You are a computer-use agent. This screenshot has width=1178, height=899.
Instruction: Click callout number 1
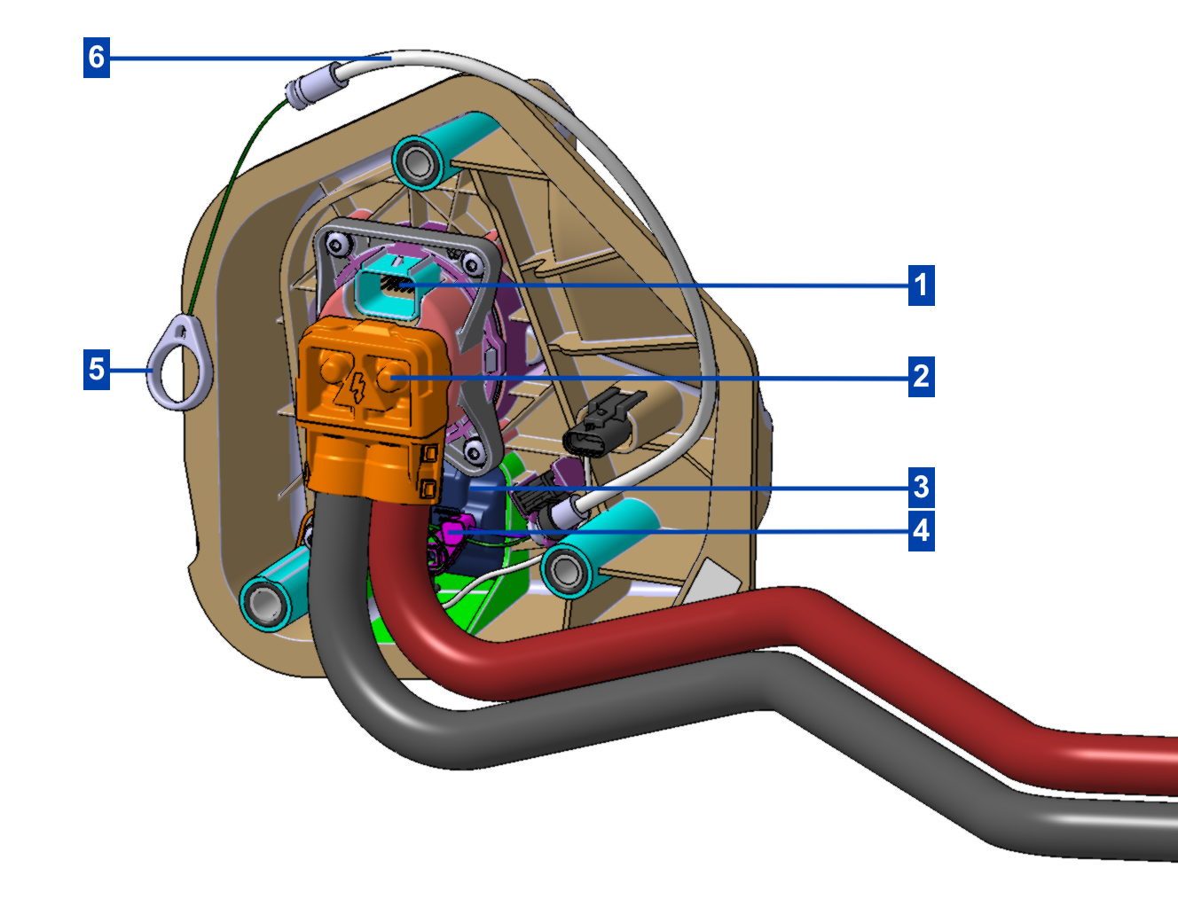[x=921, y=285]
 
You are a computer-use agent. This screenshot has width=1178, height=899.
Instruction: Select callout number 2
[x=921, y=376]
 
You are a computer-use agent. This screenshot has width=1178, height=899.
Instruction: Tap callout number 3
[x=921, y=486]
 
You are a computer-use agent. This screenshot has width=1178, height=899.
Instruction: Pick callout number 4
[x=921, y=530]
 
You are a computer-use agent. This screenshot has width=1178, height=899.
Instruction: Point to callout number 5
[x=97, y=369]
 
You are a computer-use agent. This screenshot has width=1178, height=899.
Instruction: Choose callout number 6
[x=97, y=58]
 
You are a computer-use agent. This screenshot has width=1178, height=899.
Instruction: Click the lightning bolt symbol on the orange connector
[x=357, y=387]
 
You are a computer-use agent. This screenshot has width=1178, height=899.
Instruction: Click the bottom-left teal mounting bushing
[x=266, y=602]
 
